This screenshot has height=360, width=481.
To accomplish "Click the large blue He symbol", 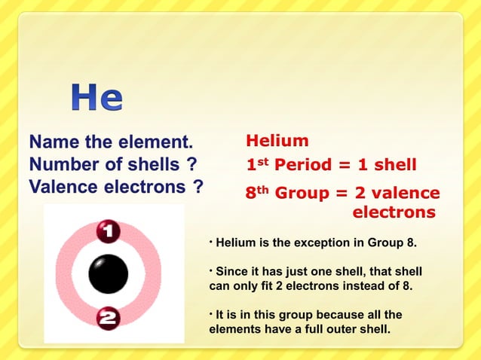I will tap(97, 98).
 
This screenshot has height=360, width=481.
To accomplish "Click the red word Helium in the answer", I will tap(277, 141).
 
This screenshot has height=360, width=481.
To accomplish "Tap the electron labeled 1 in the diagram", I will tap(109, 230).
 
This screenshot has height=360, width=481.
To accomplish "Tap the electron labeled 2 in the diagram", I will tap(109, 319).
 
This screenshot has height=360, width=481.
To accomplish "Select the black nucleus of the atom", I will tap(109, 274).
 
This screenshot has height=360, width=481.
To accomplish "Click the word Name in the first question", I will tap(54, 142).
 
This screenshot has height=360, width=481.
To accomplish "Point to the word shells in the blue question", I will tap(152, 164).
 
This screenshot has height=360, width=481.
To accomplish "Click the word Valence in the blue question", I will tap(60, 187).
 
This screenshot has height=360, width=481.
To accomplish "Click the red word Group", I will tap(302, 194).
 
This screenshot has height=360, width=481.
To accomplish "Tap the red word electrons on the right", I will tap(394, 212).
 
